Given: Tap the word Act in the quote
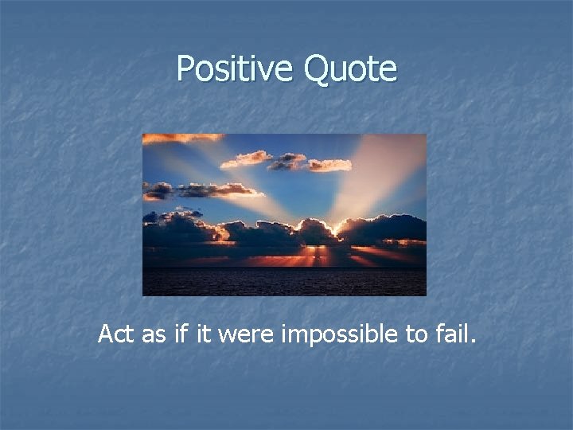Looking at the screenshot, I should [x=115, y=334].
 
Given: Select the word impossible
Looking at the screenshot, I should [x=341, y=334].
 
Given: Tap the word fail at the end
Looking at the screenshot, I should [x=453, y=334].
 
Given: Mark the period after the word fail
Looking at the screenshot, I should [x=474, y=343].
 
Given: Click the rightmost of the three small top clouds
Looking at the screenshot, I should [x=329, y=165].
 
